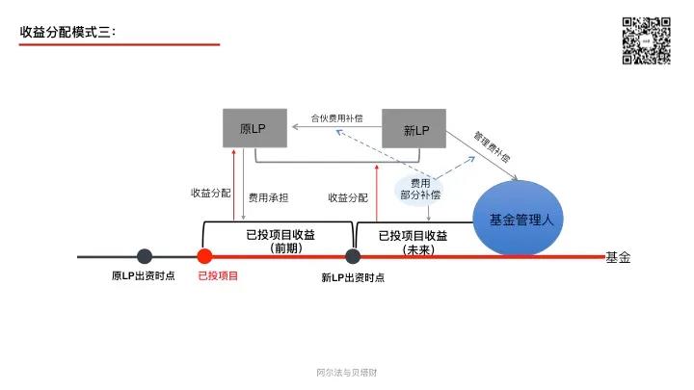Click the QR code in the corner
pyautogui.click(x=646, y=40)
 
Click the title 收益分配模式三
pyautogui.click(x=67, y=32)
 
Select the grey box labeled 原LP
pyautogui.click(x=253, y=129)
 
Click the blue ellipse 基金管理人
pyautogui.click(x=520, y=220)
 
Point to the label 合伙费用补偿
pyautogui.click(x=336, y=118)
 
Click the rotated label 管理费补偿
pyautogui.click(x=492, y=145)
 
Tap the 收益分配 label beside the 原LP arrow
pyautogui.click(x=210, y=193)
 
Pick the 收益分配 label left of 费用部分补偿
pyautogui.click(x=348, y=197)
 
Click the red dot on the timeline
pyautogui.click(x=204, y=256)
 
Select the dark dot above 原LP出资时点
pyautogui.click(x=145, y=256)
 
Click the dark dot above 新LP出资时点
pyautogui.click(x=353, y=256)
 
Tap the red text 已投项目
pyautogui.click(x=218, y=276)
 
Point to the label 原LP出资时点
pyautogui.click(x=144, y=276)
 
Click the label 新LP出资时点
pyautogui.click(x=353, y=277)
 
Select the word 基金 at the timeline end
pyautogui.click(x=617, y=257)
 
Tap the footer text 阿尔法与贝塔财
pyautogui.click(x=346, y=372)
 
